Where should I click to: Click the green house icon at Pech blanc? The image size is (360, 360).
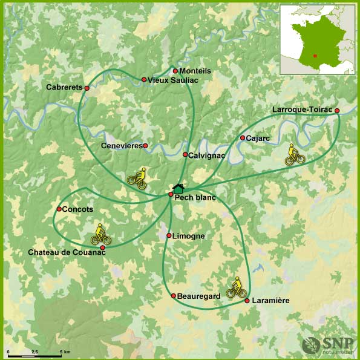coord(178,189)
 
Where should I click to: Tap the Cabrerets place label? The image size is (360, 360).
coord(64,87)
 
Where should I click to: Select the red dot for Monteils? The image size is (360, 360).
coord(175,71)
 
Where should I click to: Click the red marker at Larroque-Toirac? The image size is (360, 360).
coord(337,110)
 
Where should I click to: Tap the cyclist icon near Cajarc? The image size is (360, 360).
coord(295,155)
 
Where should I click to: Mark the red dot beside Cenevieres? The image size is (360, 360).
coord(145,146)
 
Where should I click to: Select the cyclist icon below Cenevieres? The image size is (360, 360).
coord(137,178)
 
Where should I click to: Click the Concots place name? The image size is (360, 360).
coord(77,209)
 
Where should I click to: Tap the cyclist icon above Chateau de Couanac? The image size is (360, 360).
coord(100,234)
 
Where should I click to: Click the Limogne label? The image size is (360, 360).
coord(188,236)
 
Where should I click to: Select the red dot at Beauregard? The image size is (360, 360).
coord(173,296)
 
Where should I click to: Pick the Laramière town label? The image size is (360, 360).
coord(270,301)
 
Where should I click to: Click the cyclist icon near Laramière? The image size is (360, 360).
coord(237,287)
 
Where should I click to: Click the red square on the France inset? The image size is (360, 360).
coord(315,56)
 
